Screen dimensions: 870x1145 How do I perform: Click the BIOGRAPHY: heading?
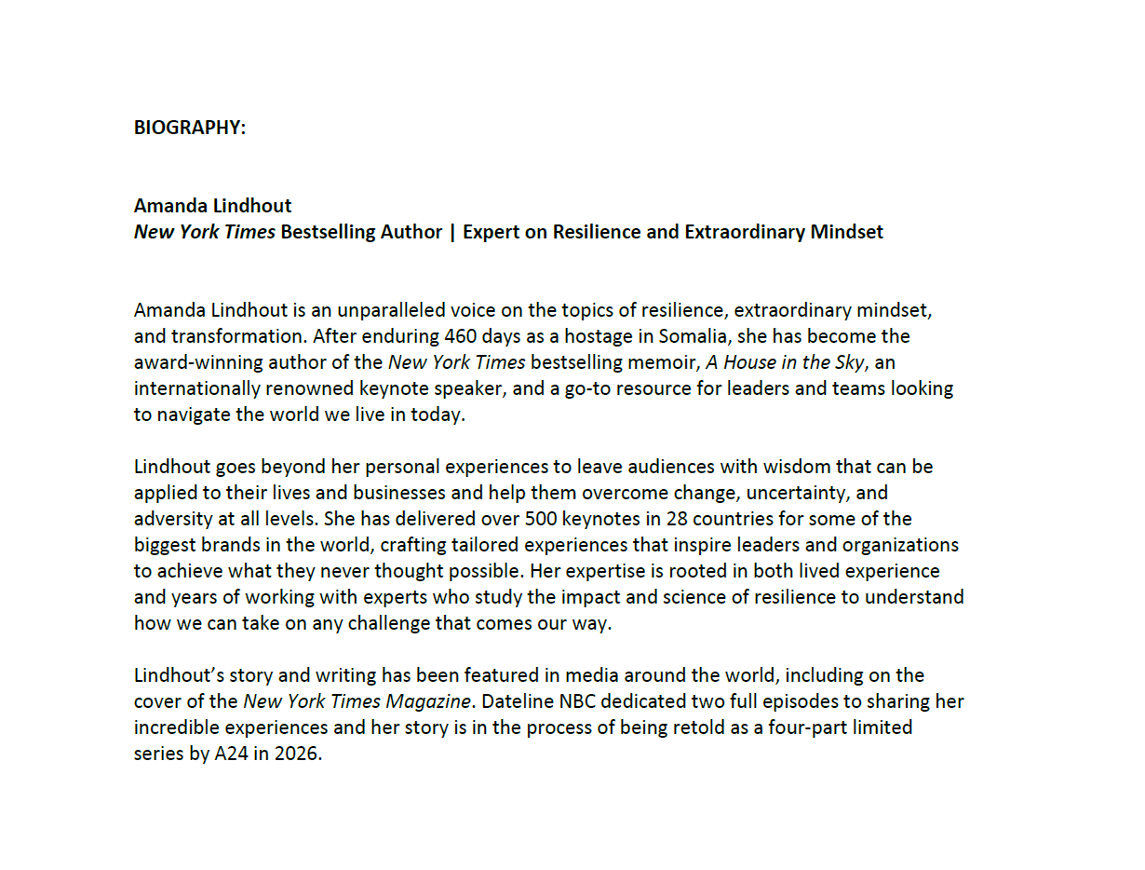tap(190, 129)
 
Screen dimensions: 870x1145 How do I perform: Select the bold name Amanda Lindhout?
tap(212, 206)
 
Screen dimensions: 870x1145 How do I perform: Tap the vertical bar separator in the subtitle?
tap(452, 232)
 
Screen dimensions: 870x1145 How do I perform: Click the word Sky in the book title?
tap(847, 362)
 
